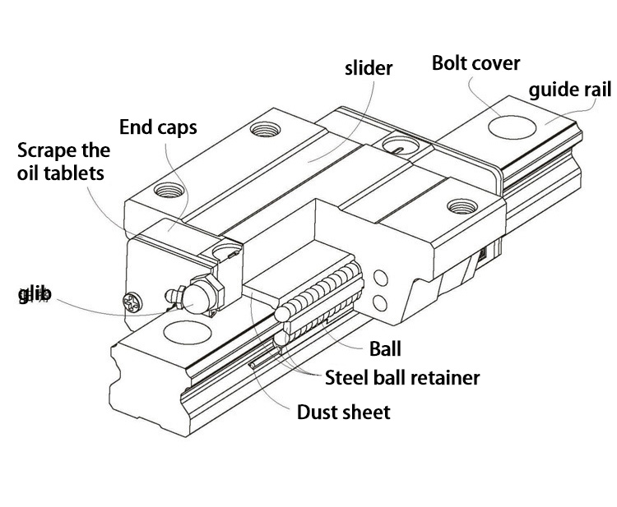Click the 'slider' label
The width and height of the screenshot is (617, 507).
click(x=369, y=68)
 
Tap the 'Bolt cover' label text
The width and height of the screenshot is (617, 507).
click(x=476, y=63)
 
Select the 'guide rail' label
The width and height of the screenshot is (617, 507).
click(x=569, y=89)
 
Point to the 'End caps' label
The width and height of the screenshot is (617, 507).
click(x=159, y=127)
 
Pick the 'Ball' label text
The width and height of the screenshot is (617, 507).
click(x=384, y=349)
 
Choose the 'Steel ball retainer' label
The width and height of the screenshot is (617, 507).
click(x=402, y=378)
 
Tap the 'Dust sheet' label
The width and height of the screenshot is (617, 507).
click(x=343, y=411)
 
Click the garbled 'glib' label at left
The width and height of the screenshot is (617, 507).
click(x=35, y=293)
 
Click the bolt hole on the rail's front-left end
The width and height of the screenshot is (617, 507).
click(x=180, y=334)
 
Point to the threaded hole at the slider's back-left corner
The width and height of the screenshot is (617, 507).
click(x=266, y=129)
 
